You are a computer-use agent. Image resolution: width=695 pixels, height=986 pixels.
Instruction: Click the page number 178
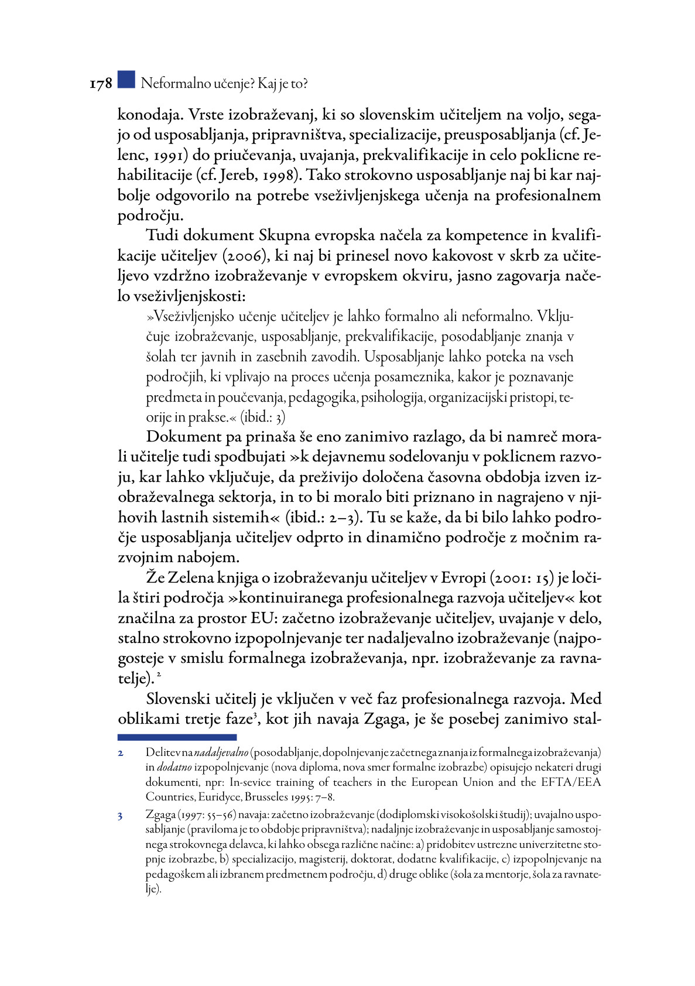click(x=101, y=84)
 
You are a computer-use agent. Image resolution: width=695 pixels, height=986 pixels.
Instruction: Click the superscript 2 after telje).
click(x=159, y=675)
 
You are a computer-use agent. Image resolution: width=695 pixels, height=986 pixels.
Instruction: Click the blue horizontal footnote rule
click(x=177, y=737)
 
